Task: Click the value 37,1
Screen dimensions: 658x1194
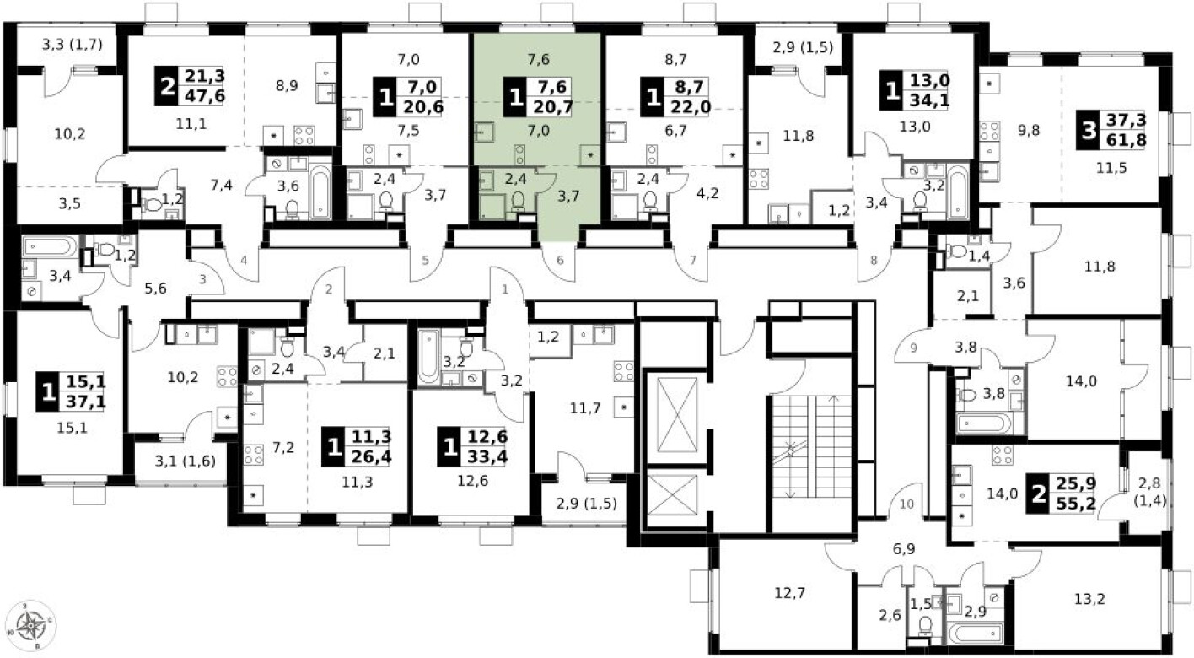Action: point(89,401)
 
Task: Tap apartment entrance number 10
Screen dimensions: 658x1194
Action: point(906,505)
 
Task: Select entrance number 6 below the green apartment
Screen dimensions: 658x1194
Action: point(559,261)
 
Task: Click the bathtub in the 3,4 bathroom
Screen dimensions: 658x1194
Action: point(49,245)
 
